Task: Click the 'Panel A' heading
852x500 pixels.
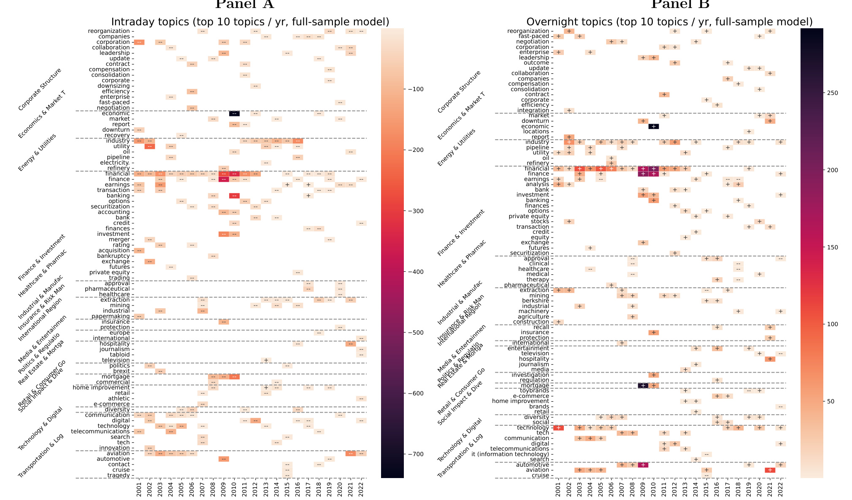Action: pos(244,4)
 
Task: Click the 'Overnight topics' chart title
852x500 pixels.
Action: pos(669,22)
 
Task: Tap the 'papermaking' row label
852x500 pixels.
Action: pos(111,316)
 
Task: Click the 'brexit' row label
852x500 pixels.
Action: pos(122,371)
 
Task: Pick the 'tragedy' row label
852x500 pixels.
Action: pos(119,476)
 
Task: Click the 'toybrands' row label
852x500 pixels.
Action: pos(535,391)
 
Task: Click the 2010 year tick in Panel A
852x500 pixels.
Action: pos(234,489)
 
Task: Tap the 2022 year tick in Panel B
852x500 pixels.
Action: pos(780,489)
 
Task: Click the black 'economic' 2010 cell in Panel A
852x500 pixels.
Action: pos(234,114)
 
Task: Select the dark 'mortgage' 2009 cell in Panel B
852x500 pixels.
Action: pos(643,386)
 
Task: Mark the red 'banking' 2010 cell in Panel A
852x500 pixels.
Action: pos(234,196)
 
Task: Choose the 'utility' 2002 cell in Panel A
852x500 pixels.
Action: pos(149,146)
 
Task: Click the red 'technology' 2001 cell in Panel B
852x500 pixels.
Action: pos(558,428)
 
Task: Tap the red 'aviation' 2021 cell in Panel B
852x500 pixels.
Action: pos(770,470)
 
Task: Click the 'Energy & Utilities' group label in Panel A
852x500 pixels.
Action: pos(37,153)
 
